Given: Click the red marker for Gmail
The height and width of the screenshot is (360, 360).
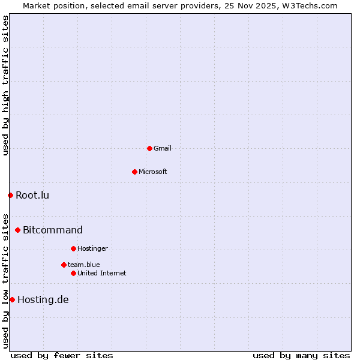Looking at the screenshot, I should [x=149, y=148].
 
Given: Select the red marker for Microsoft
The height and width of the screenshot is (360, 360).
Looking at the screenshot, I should [x=134, y=172].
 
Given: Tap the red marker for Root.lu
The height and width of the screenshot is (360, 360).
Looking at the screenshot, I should [x=10, y=195].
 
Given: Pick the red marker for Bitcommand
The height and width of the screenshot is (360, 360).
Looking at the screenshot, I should [x=17, y=230].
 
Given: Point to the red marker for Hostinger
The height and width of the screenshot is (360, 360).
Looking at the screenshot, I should [x=73, y=248].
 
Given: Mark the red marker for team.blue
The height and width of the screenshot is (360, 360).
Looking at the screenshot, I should [x=64, y=265].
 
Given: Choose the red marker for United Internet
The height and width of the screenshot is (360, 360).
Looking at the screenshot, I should [x=73, y=273].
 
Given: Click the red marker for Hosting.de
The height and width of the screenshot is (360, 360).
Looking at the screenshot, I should [x=12, y=299].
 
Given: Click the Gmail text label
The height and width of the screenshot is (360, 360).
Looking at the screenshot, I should [x=163, y=148].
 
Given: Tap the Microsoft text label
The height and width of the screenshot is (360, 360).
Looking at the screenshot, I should [x=153, y=172].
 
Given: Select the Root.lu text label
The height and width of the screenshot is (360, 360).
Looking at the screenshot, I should [x=32, y=195].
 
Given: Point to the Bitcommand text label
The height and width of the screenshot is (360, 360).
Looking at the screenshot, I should [x=53, y=230].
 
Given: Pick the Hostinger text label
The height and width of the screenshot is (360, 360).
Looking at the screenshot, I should [x=92, y=248].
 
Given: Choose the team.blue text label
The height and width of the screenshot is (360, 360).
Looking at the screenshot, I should [x=84, y=265].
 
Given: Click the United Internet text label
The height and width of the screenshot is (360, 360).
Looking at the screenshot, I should [x=102, y=273].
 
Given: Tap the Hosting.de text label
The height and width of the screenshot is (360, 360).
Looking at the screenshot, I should [x=43, y=299].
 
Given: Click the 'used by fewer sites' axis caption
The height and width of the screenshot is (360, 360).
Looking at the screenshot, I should [x=62, y=355].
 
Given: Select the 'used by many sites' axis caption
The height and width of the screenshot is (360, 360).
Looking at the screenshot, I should [x=301, y=355].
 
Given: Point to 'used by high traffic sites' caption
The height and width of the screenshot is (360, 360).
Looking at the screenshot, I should [x=5, y=85].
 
